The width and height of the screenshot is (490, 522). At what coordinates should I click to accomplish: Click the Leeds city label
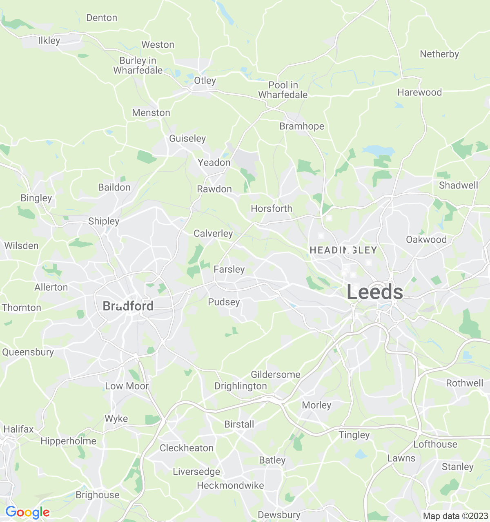[375, 292]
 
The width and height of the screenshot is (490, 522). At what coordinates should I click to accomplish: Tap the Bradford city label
[128, 306]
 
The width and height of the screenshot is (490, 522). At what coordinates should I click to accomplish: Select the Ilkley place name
[49, 40]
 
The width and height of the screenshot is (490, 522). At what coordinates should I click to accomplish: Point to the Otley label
[205, 80]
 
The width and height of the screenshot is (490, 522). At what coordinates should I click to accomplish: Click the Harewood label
[419, 92]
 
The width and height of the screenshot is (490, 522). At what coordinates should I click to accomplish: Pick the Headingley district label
[343, 250]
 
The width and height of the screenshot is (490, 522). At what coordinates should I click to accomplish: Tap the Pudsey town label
[224, 302]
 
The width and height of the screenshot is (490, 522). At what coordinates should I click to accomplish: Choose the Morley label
[316, 405]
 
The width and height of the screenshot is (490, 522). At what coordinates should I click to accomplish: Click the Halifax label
[18, 429]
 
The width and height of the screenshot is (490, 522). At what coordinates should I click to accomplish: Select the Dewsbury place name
[279, 515]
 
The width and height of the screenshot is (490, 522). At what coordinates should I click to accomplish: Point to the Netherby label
[439, 54]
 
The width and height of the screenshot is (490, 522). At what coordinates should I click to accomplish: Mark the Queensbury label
[28, 352]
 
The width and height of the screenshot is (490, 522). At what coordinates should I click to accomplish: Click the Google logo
[27, 512]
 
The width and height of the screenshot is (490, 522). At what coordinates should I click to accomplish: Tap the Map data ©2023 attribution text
[455, 516]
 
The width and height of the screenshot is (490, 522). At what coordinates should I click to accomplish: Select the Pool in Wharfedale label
[283, 90]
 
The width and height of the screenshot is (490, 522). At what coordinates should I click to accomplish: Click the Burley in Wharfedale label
[138, 65]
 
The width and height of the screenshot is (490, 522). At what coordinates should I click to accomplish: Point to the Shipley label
[104, 221]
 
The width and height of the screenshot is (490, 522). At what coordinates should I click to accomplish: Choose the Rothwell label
[464, 383]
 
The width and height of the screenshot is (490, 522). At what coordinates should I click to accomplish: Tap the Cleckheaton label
[187, 448]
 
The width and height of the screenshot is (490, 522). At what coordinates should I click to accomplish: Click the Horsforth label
[272, 208]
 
